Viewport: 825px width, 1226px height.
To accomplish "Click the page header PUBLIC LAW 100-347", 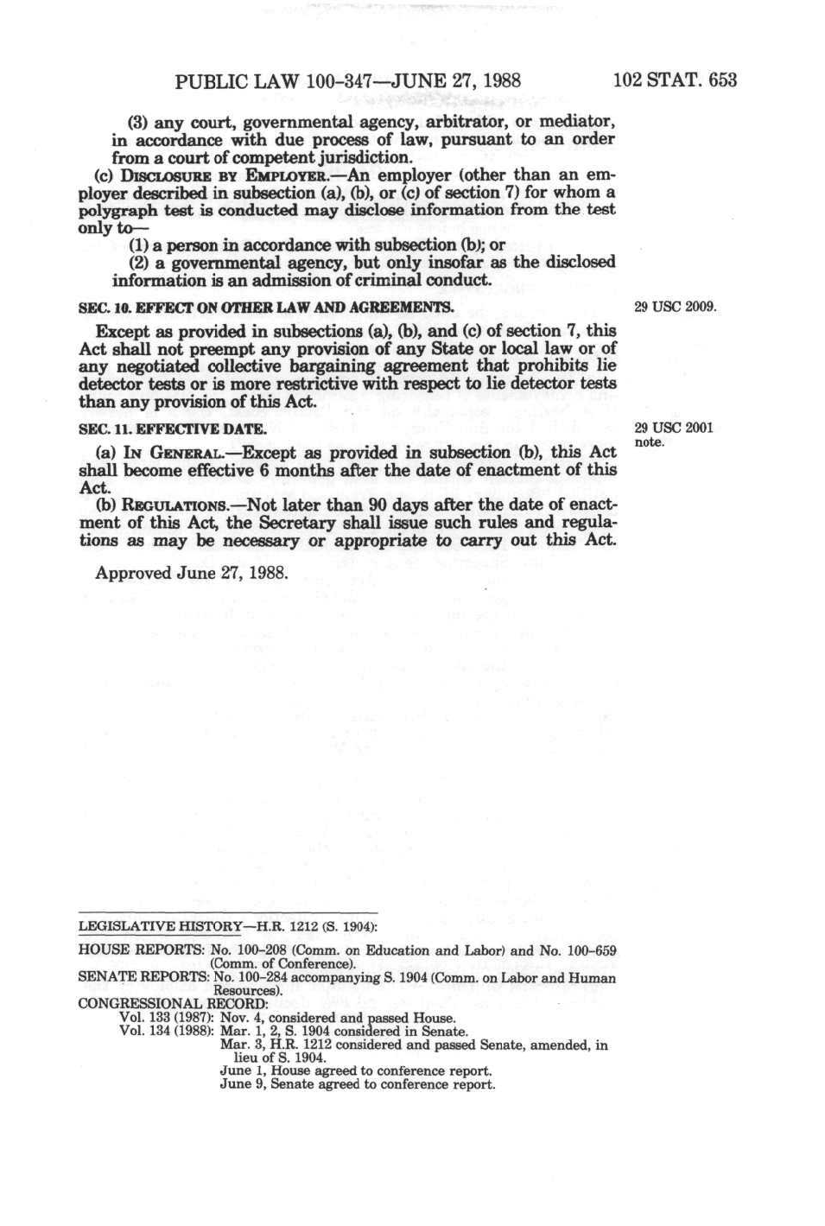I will coord(347,81).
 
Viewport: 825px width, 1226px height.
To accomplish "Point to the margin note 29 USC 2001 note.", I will coord(673,435).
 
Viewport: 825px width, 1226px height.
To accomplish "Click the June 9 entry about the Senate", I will coord(357,1084).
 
